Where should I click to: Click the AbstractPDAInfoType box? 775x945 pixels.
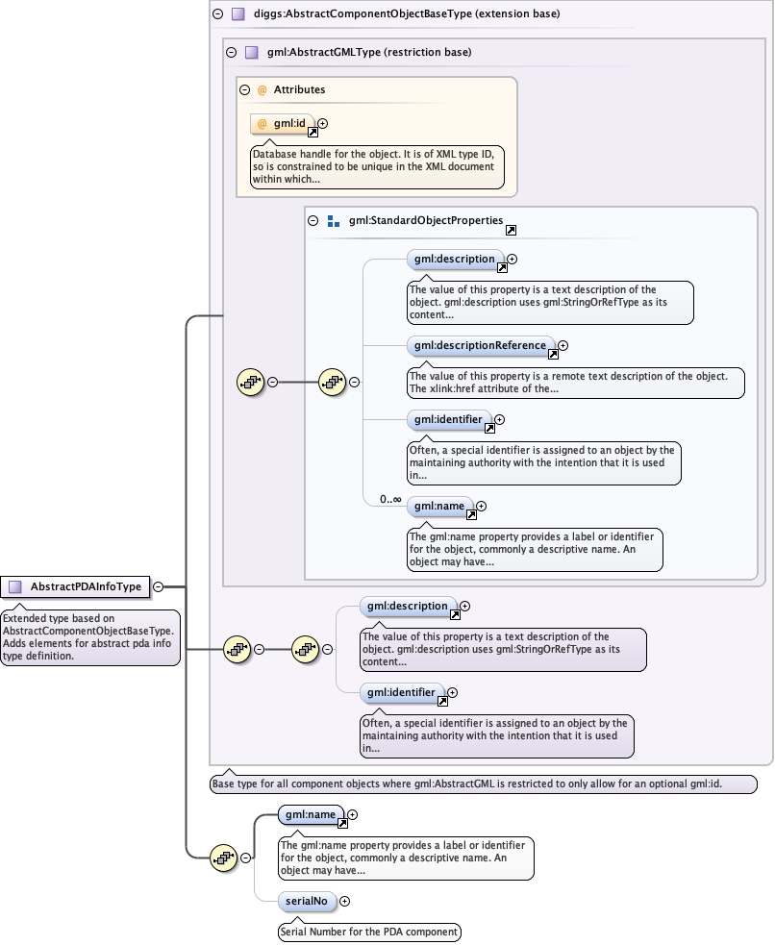[78, 586]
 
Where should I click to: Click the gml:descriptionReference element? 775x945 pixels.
[480, 345]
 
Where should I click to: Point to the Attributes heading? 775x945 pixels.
[299, 89]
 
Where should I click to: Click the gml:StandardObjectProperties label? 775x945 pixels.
[426, 220]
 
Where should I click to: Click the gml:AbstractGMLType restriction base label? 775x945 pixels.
[369, 53]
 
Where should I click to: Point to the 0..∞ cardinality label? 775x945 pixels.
[390, 500]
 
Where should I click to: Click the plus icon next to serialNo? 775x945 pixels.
[345, 901]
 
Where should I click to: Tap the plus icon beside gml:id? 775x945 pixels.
[323, 123]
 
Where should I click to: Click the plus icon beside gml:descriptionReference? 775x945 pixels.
[563, 345]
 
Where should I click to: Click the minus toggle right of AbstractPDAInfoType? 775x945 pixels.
[158, 586]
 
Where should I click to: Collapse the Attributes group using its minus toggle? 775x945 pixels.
[245, 89]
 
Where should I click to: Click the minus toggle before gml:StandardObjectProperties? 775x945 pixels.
[312, 220]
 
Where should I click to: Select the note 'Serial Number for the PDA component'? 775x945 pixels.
[369, 932]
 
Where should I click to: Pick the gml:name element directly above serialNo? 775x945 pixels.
[309, 814]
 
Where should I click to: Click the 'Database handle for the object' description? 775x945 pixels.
[377, 166]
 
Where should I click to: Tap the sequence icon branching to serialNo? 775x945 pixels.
[223, 858]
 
